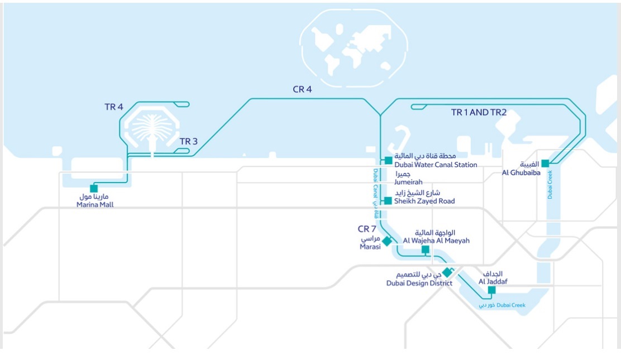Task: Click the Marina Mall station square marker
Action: (93, 189)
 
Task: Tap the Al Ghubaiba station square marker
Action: (545, 164)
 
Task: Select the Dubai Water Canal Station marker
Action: (388, 161)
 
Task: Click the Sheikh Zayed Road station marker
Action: (388, 201)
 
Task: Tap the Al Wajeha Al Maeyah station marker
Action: (425, 249)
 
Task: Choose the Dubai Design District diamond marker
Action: (447, 273)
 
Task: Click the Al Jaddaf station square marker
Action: (491, 290)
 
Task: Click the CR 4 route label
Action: (302, 89)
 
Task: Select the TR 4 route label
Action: (113, 107)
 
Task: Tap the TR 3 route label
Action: (189, 141)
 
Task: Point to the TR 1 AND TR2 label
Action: (479, 112)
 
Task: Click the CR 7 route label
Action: (367, 229)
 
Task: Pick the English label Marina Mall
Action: (99, 205)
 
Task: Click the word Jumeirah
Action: (408, 182)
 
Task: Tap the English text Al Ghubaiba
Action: (521, 173)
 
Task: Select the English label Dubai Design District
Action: (419, 284)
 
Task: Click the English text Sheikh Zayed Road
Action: (424, 201)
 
